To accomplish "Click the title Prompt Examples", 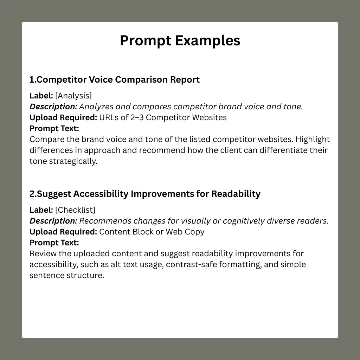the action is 180,41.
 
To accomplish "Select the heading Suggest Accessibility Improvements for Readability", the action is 149,194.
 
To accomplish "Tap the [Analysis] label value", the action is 73,96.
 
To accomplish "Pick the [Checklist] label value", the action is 75,210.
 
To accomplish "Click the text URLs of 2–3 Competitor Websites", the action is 163,117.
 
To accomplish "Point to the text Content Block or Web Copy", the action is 152,232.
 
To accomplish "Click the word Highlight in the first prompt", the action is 313,140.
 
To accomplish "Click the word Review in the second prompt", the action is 43,254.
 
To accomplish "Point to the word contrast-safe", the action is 192,264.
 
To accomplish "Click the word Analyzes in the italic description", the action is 96,107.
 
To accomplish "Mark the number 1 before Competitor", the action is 32,80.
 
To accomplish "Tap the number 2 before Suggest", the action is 32,194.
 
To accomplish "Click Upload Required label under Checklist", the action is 63,232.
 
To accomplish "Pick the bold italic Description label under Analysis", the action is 53,107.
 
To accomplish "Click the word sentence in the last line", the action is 47,275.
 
